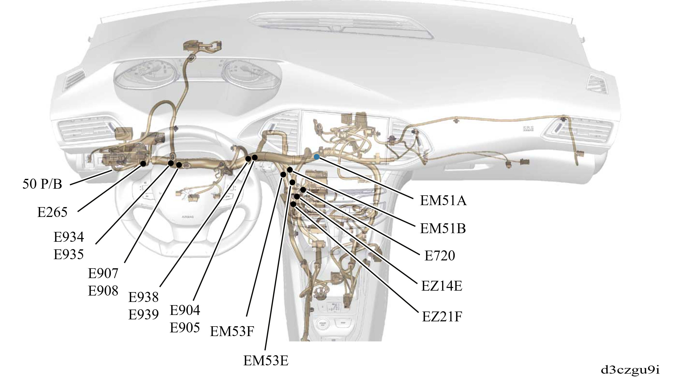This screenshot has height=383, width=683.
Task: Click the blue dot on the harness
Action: [x=316, y=157]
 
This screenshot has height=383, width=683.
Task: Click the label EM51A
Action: [x=443, y=201]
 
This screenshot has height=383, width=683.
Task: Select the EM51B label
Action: [x=443, y=228]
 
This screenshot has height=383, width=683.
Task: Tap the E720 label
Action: [x=440, y=256]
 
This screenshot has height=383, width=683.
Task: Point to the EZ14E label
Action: [x=442, y=286]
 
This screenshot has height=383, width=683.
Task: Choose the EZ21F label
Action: [x=442, y=316]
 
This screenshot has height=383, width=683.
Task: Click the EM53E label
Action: [x=266, y=361]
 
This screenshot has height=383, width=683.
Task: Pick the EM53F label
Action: [x=232, y=331]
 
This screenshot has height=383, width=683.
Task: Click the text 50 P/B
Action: [x=42, y=184]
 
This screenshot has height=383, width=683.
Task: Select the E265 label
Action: [x=52, y=212]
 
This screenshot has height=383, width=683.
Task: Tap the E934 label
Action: [x=69, y=237]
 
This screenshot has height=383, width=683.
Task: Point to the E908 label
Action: [x=103, y=291]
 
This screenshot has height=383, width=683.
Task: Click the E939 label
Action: [x=143, y=314]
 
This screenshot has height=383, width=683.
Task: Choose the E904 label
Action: [x=185, y=310]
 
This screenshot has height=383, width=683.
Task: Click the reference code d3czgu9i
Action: [x=630, y=370]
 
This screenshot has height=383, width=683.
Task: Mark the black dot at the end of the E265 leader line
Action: [x=143, y=164]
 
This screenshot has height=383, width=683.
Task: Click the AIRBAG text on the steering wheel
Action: [x=188, y=217]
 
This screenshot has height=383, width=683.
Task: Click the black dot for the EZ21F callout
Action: [x=293, y=204]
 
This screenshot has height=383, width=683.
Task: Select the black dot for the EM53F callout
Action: [x=283, y=174]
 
